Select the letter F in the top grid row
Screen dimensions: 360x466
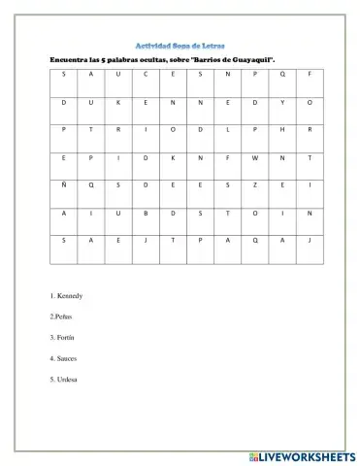click(x=310, y=74)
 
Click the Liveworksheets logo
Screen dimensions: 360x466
click(x=302, y=453)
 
